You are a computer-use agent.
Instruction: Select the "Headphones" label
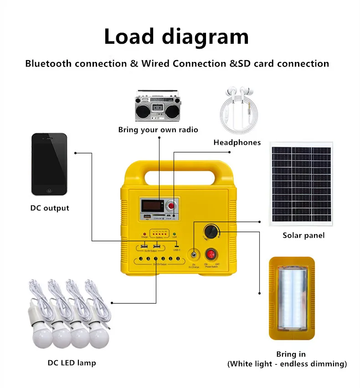click(x=237, y=143)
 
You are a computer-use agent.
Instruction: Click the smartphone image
click(x=49, y=164)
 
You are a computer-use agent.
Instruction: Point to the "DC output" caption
click(x=50, y=208)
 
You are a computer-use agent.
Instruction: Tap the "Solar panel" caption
click(x=303, y=235)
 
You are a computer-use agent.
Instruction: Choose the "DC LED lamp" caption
click(x=72, y=363)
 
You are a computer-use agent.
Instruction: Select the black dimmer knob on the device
click(x=211, y=230)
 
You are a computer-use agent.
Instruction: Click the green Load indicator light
click(x=174, y=234)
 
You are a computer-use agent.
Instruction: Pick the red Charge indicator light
click(x=145, y=234)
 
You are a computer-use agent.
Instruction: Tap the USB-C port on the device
click(x=176, y=246)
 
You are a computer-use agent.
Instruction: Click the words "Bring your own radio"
click(x=158, y=130)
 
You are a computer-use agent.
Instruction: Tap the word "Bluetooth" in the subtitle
click(x=49, y=63)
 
